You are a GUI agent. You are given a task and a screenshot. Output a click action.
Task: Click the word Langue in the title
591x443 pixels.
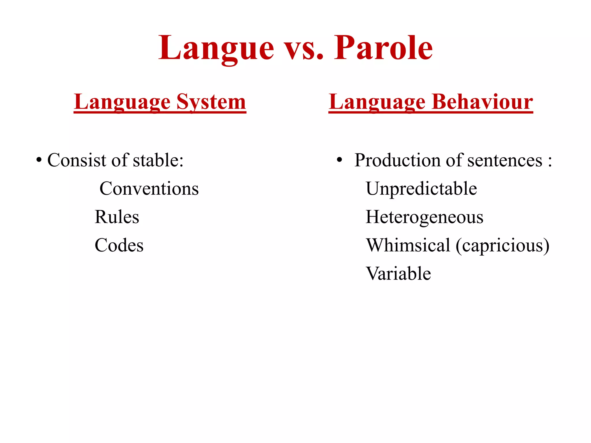tap(216, 48)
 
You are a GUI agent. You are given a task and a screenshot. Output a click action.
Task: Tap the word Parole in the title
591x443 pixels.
tap(384, 48)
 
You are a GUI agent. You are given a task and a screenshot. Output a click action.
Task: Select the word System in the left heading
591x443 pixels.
tap(211, 102)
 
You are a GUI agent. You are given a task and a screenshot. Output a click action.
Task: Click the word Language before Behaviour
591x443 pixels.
tap(377, 102)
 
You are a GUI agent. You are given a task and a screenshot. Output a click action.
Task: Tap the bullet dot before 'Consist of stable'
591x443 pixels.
tap(39, 160)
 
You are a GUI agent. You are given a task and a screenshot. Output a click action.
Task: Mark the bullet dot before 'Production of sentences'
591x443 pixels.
tap(339, 160)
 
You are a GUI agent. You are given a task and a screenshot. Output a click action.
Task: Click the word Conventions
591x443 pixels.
tap(149, 189)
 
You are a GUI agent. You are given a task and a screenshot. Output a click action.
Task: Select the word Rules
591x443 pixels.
tap(117, 217)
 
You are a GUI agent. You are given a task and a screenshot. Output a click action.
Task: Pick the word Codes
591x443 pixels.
tap(119, 245)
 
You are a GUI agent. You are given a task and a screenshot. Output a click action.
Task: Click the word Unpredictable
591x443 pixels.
tap(421, 189)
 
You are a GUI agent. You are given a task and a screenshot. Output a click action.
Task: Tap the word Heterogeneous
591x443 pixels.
tap(424, 217)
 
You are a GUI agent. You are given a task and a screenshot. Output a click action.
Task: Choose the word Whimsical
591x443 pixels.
tap(408, 245)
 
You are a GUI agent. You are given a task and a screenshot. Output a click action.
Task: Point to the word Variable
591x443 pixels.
tap(399, 274)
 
